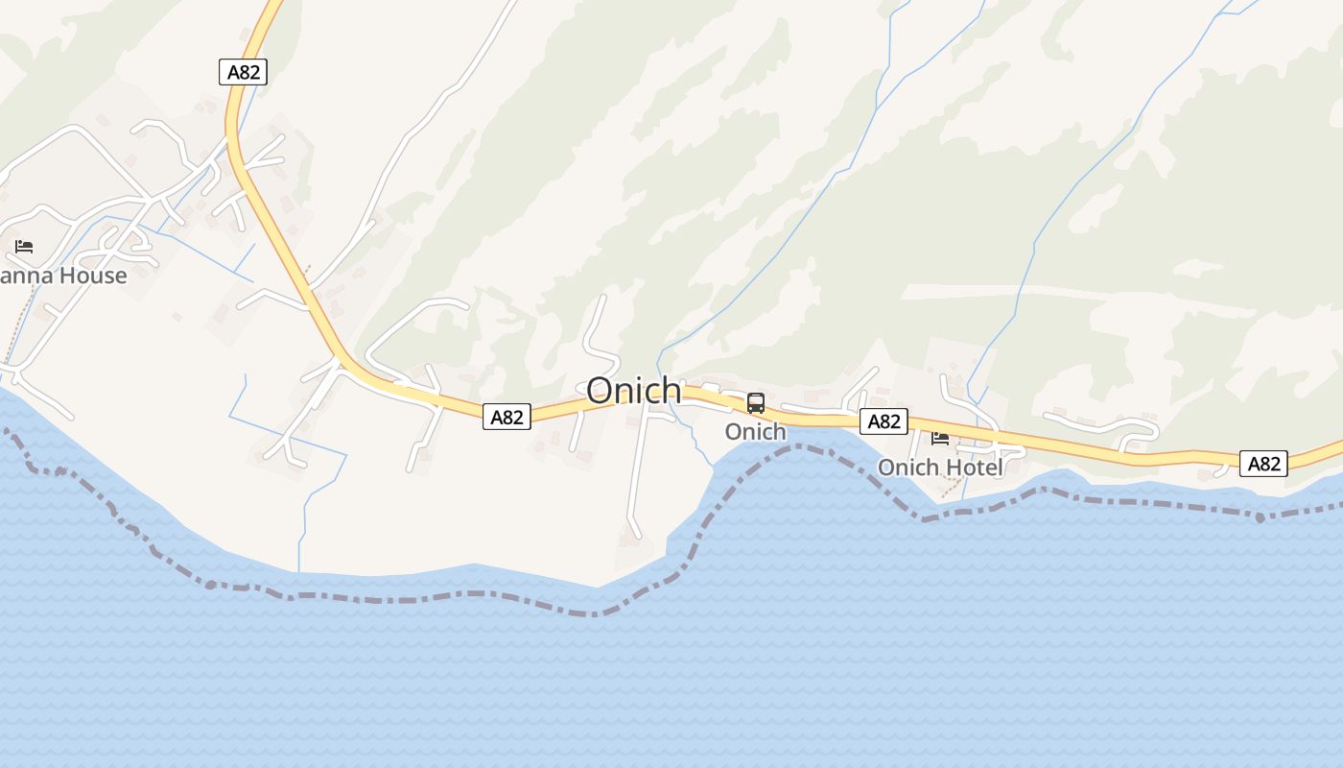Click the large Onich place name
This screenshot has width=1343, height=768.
[634, 391]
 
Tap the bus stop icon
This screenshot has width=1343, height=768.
[756, 403]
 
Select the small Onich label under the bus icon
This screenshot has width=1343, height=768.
[755, 432]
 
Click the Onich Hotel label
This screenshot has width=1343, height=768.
[940, 468]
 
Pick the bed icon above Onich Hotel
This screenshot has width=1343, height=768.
[940, 439]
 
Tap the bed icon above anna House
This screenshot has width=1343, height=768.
[24, 247]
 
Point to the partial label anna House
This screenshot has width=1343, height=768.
[62, 276]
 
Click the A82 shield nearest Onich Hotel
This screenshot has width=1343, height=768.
[884, 421]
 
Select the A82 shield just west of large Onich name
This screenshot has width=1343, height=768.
[507, 417]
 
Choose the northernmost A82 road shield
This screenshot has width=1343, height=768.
[243, 72]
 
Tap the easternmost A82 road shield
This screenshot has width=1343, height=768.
[1263, 464]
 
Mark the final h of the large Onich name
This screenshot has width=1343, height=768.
[671, 391]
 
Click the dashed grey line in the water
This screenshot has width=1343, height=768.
[403, 600]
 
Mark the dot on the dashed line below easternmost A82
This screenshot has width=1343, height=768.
[1259, 516]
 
